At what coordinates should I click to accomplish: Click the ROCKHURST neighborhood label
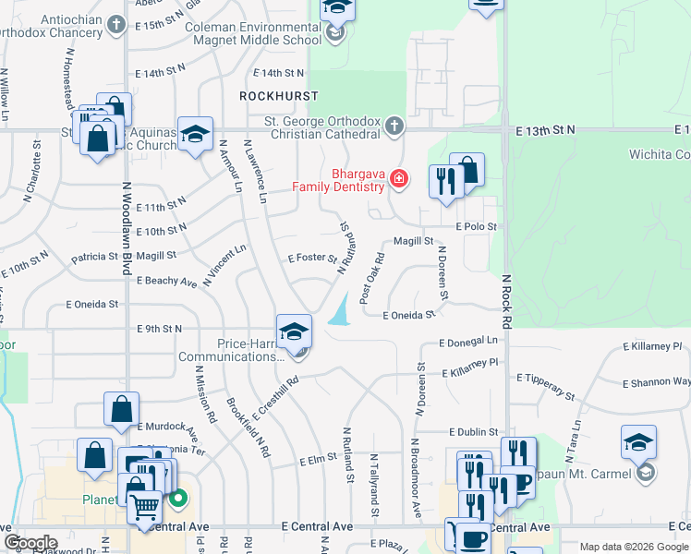[x=278, y=96]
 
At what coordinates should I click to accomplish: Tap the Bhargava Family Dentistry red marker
[x=399, y=177]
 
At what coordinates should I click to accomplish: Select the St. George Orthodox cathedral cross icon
[x=394, y=126]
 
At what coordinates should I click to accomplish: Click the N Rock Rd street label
[x=506, y=301]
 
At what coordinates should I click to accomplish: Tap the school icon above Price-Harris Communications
[x=294, y=331]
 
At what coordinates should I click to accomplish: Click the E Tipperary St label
[x=546, y=386]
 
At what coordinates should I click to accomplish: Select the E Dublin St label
[x=474, y=431]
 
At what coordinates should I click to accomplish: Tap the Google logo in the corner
[x=30, y=543]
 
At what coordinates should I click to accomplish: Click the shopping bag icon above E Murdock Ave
[x=122, y=408]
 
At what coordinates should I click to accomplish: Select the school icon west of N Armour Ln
[x=196, y=135]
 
